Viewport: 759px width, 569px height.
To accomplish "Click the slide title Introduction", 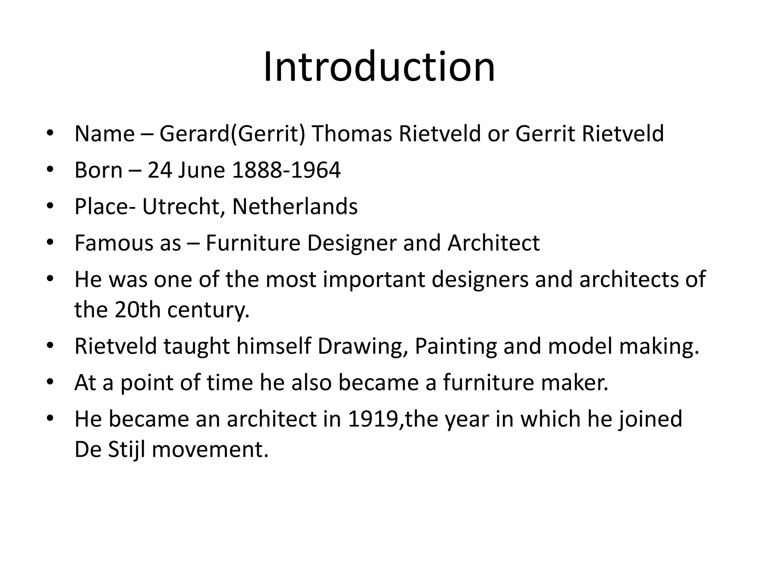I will (x=379, y=67).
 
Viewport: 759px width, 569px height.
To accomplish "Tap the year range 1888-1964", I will (x=286, y=170).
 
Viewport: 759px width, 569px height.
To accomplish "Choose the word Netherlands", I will (x=295, y=206).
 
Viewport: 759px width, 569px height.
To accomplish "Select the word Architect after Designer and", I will (x=493, y=243).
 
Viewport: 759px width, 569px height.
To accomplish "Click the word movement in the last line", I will (x=210, y=450).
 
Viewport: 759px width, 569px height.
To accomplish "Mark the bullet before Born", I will (x=50, y=170).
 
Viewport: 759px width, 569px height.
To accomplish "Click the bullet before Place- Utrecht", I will (x=50, y=206).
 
